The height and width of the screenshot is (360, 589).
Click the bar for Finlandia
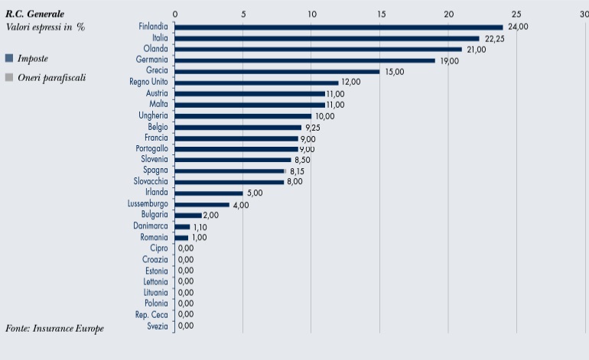point(339,28)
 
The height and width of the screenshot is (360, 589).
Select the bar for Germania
point(305,60)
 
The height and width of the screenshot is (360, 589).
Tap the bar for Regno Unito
point(257,83)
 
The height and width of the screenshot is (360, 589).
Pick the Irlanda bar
point(209,193)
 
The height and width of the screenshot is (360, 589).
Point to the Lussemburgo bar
point(202,205)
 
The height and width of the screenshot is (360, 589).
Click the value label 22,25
point(493,38)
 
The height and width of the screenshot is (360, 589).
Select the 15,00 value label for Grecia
point(394,72)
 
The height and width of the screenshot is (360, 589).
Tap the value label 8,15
point(300,171)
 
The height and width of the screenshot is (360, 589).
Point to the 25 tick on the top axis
point(516,14)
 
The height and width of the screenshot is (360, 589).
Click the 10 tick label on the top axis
point(311,14)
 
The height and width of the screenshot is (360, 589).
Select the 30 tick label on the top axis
point(584,14)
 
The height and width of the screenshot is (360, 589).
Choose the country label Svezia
point(157,326)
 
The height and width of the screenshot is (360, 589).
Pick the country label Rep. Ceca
point(151,315)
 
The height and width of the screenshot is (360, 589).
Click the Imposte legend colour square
point(9,58)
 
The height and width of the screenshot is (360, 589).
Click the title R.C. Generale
point(35,14)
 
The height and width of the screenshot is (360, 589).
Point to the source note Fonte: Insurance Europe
point(54,328)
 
